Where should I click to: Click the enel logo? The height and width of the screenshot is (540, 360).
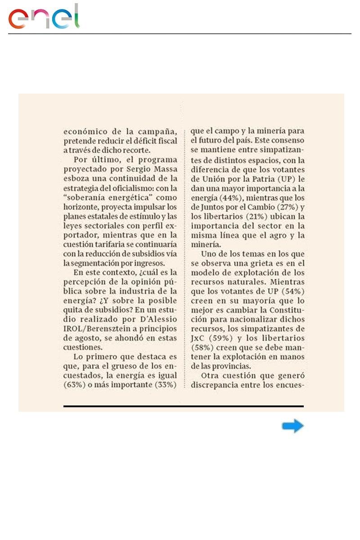44,18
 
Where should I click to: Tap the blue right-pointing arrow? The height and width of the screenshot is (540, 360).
293,426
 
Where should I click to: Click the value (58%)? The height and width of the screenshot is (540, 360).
202,347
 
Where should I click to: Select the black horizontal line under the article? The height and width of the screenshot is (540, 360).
183,406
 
